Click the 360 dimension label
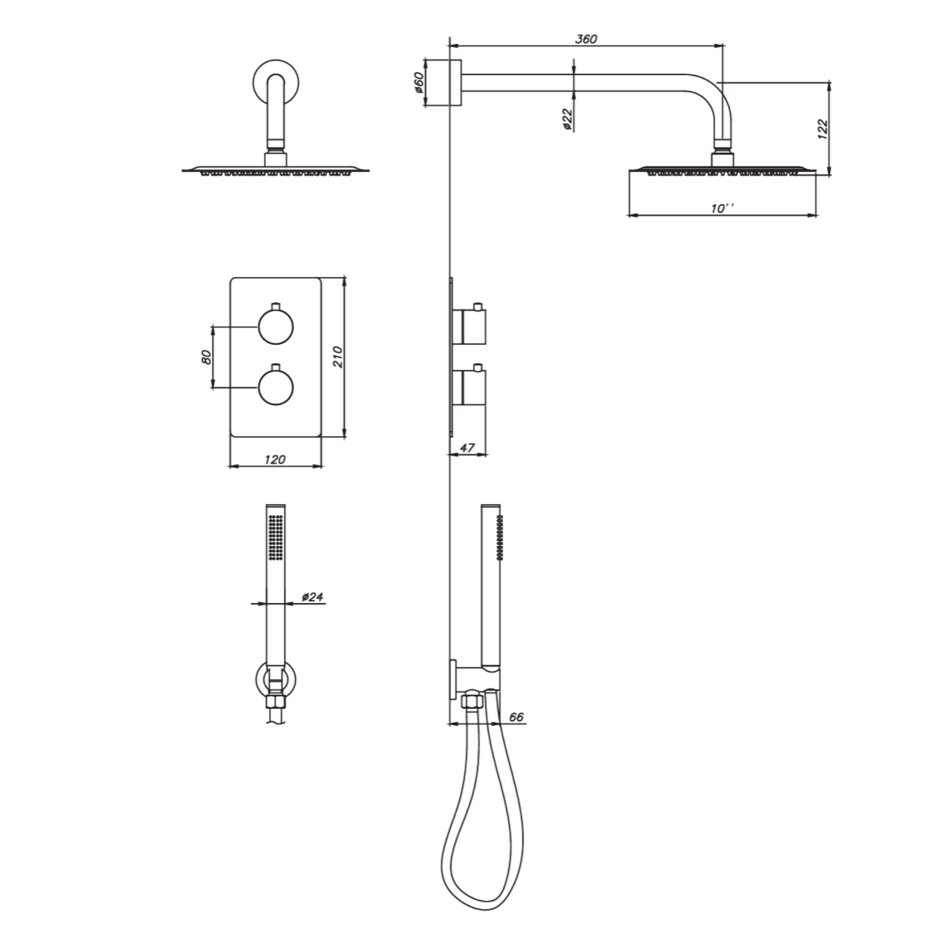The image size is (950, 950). pyautogui.click(x=586, y=39)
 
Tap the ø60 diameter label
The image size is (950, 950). pyautogui.click(x=420, y=83)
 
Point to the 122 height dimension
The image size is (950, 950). pyautogui.click(x=823, y=128)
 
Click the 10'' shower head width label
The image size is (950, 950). pyautogui.click(x=722, y=208)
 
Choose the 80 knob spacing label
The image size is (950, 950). pyautogui.click(x=206, y=357)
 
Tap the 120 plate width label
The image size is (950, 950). pyautogui.click(x=275, y=459)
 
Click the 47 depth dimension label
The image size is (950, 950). pyautogui.click(x=467, y=448)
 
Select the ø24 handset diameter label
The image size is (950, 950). pyautogui.click(x=313, y=597)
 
